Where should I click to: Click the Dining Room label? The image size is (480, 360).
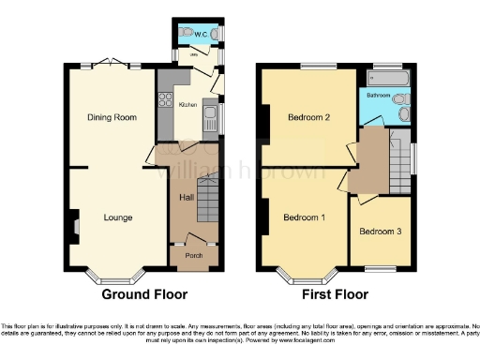112,118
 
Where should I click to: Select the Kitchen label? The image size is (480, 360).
187,105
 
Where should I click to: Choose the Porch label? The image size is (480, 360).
193,255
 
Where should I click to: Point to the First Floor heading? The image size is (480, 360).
335,294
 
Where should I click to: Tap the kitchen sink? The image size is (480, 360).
212,118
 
